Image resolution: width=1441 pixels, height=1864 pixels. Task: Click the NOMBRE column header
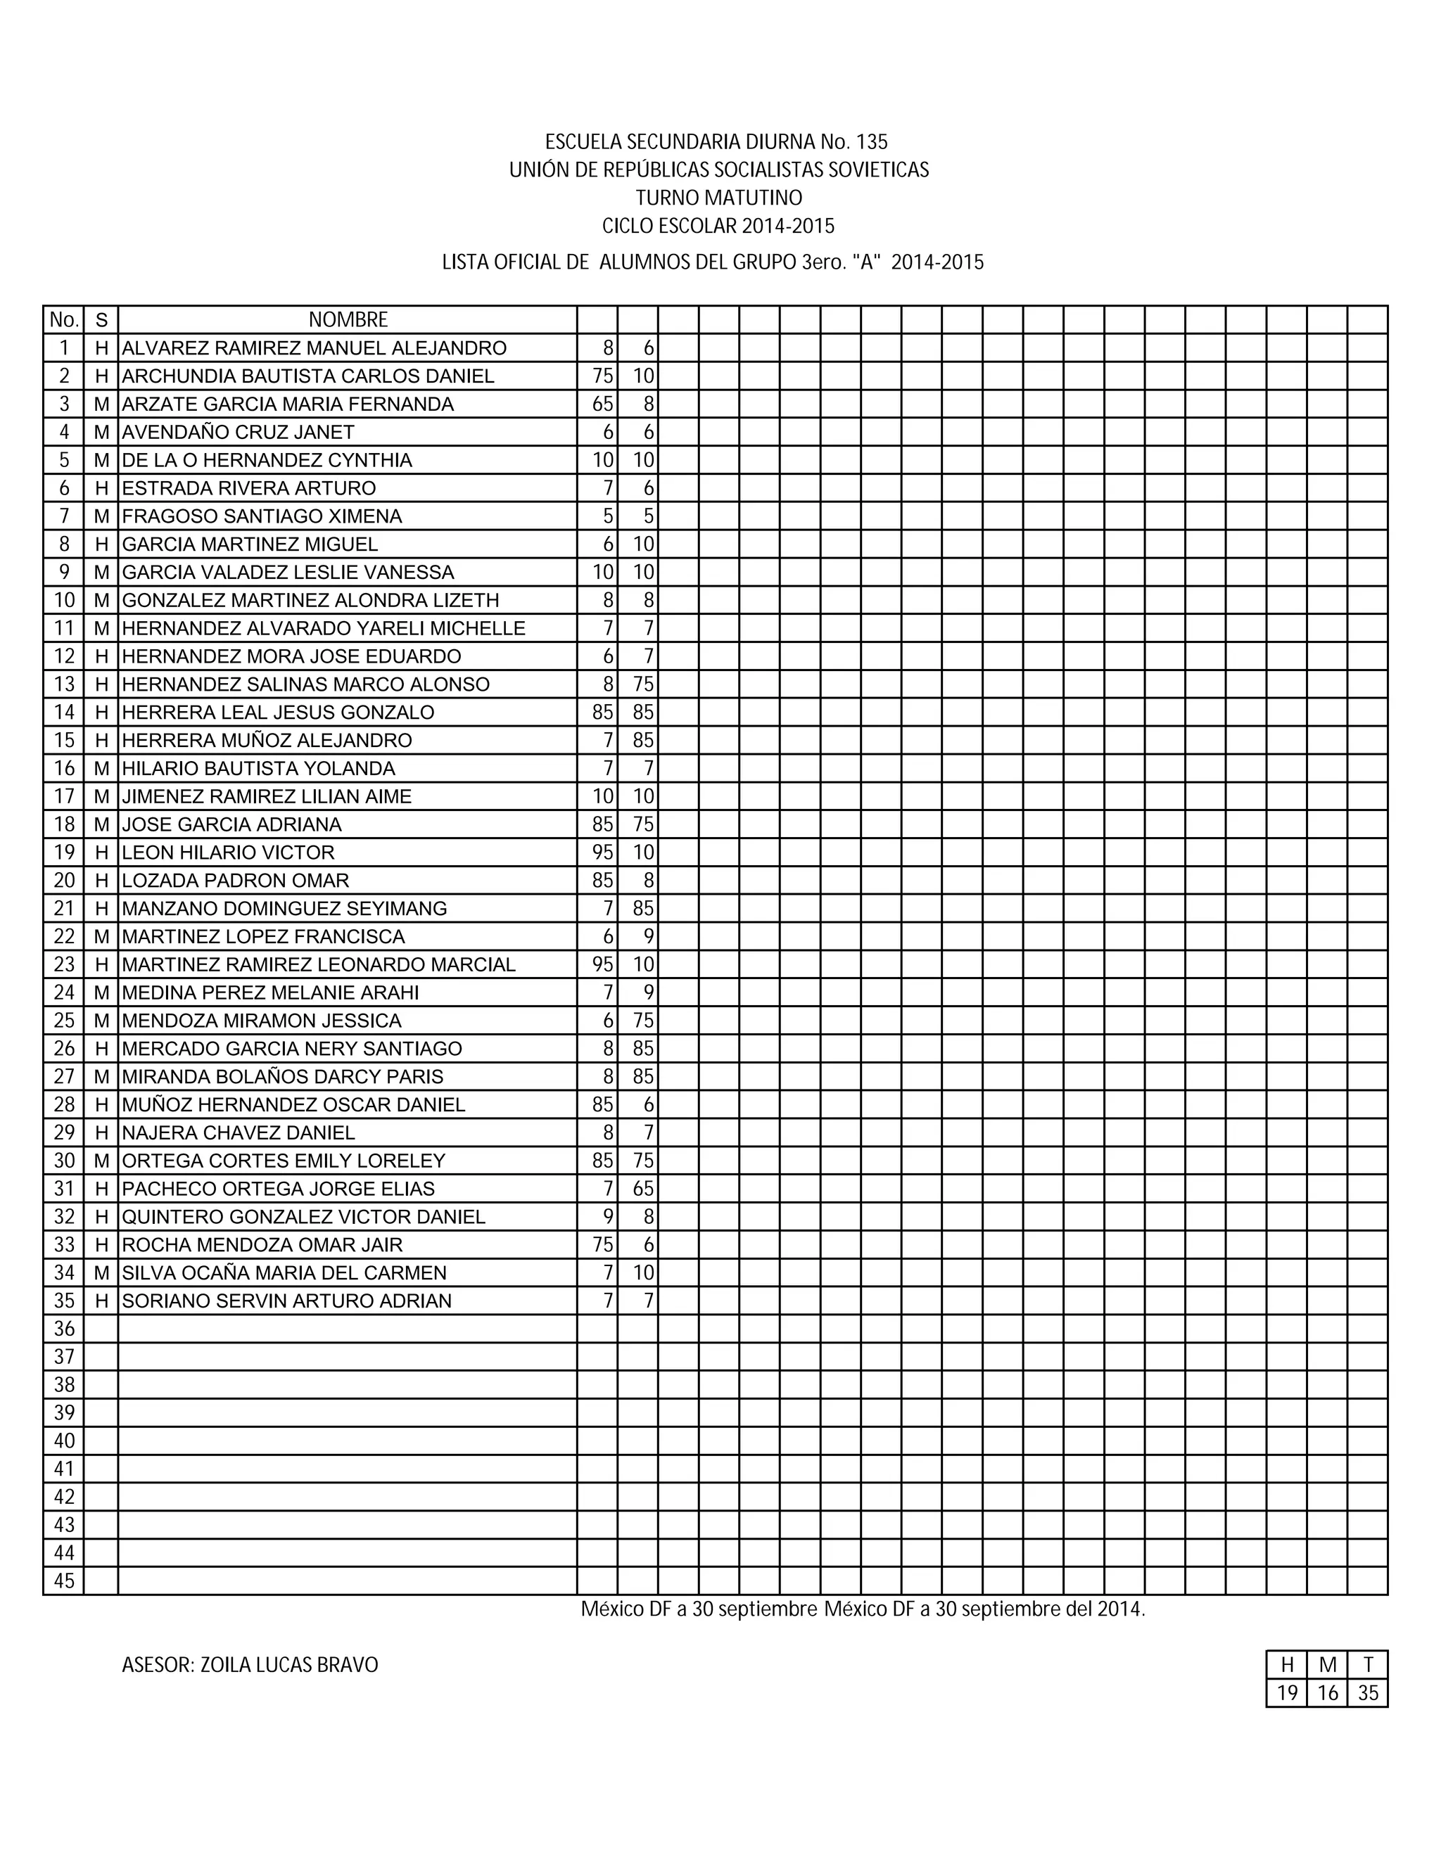[348, 320]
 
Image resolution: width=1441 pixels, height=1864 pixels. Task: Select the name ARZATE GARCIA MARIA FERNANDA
[288, 404]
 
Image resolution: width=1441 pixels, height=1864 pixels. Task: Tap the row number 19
[64, 852]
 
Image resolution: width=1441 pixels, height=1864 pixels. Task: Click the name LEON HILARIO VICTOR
[228, 852]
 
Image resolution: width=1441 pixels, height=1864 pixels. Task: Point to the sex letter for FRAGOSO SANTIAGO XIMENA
[101, 516]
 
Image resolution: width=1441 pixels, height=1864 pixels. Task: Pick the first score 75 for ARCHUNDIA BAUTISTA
[603, 376]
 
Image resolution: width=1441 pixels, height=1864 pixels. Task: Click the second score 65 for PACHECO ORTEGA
[643, 1188]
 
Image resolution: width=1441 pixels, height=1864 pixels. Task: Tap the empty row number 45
[64, 1581]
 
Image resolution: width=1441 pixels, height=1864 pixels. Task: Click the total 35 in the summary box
[1368, 1692]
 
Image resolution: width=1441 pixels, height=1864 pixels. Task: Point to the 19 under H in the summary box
[1286, 1692]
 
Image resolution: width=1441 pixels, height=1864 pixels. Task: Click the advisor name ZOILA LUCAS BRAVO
[288, 1665]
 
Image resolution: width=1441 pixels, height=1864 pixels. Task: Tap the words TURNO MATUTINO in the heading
[719, 198]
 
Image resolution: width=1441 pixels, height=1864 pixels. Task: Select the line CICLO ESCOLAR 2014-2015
[719, 226]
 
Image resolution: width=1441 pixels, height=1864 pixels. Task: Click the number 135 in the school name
[872, 141]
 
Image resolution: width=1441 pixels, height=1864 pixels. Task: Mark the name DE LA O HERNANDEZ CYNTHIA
[267, 460]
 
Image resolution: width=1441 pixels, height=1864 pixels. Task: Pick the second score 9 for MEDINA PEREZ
[649, 992]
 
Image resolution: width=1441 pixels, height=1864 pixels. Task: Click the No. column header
[64, 320]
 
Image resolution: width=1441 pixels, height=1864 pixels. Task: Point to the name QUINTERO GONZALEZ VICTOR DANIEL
[303, 1216]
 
